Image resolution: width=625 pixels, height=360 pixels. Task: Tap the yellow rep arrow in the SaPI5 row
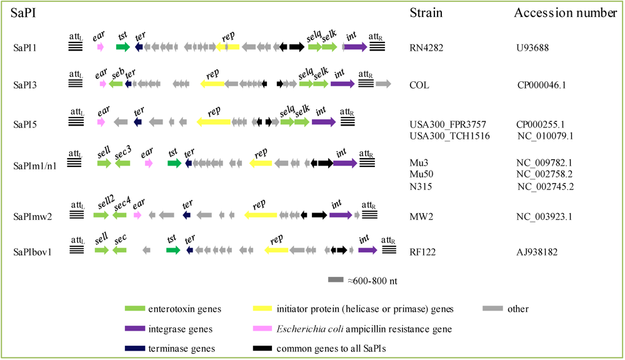214,122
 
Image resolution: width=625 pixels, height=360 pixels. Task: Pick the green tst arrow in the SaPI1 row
122,47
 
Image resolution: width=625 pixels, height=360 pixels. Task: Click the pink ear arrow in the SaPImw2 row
137,215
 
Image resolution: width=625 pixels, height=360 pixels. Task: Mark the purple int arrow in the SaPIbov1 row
367,250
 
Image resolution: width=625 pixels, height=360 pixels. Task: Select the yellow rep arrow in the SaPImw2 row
261,215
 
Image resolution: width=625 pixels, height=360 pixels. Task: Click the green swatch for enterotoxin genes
134,308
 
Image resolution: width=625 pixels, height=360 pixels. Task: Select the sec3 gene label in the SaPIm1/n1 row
122,151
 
